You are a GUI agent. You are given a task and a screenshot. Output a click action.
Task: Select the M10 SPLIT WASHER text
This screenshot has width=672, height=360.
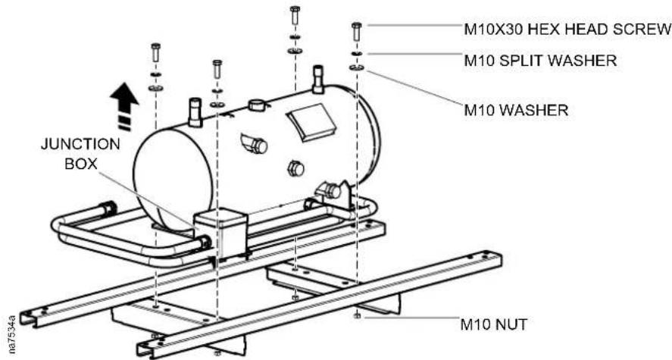pyautogui.click(x=540, y=61)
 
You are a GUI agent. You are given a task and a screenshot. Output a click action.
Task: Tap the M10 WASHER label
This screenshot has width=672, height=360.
pyautogui.click(x=517, y=110)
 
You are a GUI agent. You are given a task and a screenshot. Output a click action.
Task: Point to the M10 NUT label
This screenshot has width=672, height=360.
pyautogui.click(x=494, y=324)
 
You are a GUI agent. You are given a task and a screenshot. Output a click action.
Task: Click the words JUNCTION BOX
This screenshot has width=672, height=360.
pyautogui.click(x=80, y=153)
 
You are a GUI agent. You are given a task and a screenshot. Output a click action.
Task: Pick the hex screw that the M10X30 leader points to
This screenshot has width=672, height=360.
pyautogui.click(x=357, y=32)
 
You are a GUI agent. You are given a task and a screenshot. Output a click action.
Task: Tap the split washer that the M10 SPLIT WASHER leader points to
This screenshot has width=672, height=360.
pyautogui.click(x=357, y=54)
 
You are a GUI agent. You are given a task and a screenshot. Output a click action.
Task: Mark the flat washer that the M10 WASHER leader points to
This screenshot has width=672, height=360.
pyautogui.click(x=357, y=67)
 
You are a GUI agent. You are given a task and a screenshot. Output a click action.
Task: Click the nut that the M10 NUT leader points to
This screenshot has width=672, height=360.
pyautogui.click(x=357, y=316)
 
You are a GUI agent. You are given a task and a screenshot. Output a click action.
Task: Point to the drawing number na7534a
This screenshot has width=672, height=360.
pyautogui.click(x=11, y=334)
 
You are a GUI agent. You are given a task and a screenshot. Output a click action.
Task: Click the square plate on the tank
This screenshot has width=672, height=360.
pyautogui.click(x=311, y=121)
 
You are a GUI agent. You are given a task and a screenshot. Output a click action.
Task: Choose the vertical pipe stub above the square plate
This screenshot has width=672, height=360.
pyautogui.click(x=317, y=79)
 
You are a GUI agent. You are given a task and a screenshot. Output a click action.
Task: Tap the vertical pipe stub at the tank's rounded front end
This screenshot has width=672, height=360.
pyautogui.click(x=195, y=112)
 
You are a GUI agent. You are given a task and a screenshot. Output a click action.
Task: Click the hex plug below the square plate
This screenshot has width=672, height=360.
pyautogui.click(x=295, y=168)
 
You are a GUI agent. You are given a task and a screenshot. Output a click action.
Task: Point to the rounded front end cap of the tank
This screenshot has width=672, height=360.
pyautogui.click(x=173, y=180)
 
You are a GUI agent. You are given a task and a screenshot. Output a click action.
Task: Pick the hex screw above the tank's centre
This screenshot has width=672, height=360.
pyautogui.click(x=217, y=68)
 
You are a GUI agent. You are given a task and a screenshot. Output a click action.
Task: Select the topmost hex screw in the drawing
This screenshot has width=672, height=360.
pyautogui.click(x=295, y=15)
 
